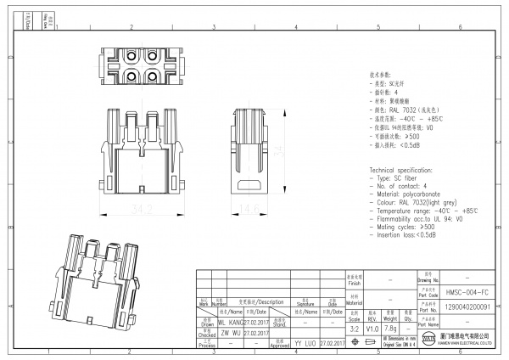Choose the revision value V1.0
pyautogui.click(x=372, y=328)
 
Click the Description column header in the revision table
pyautogui.click(x=265, y=301)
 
